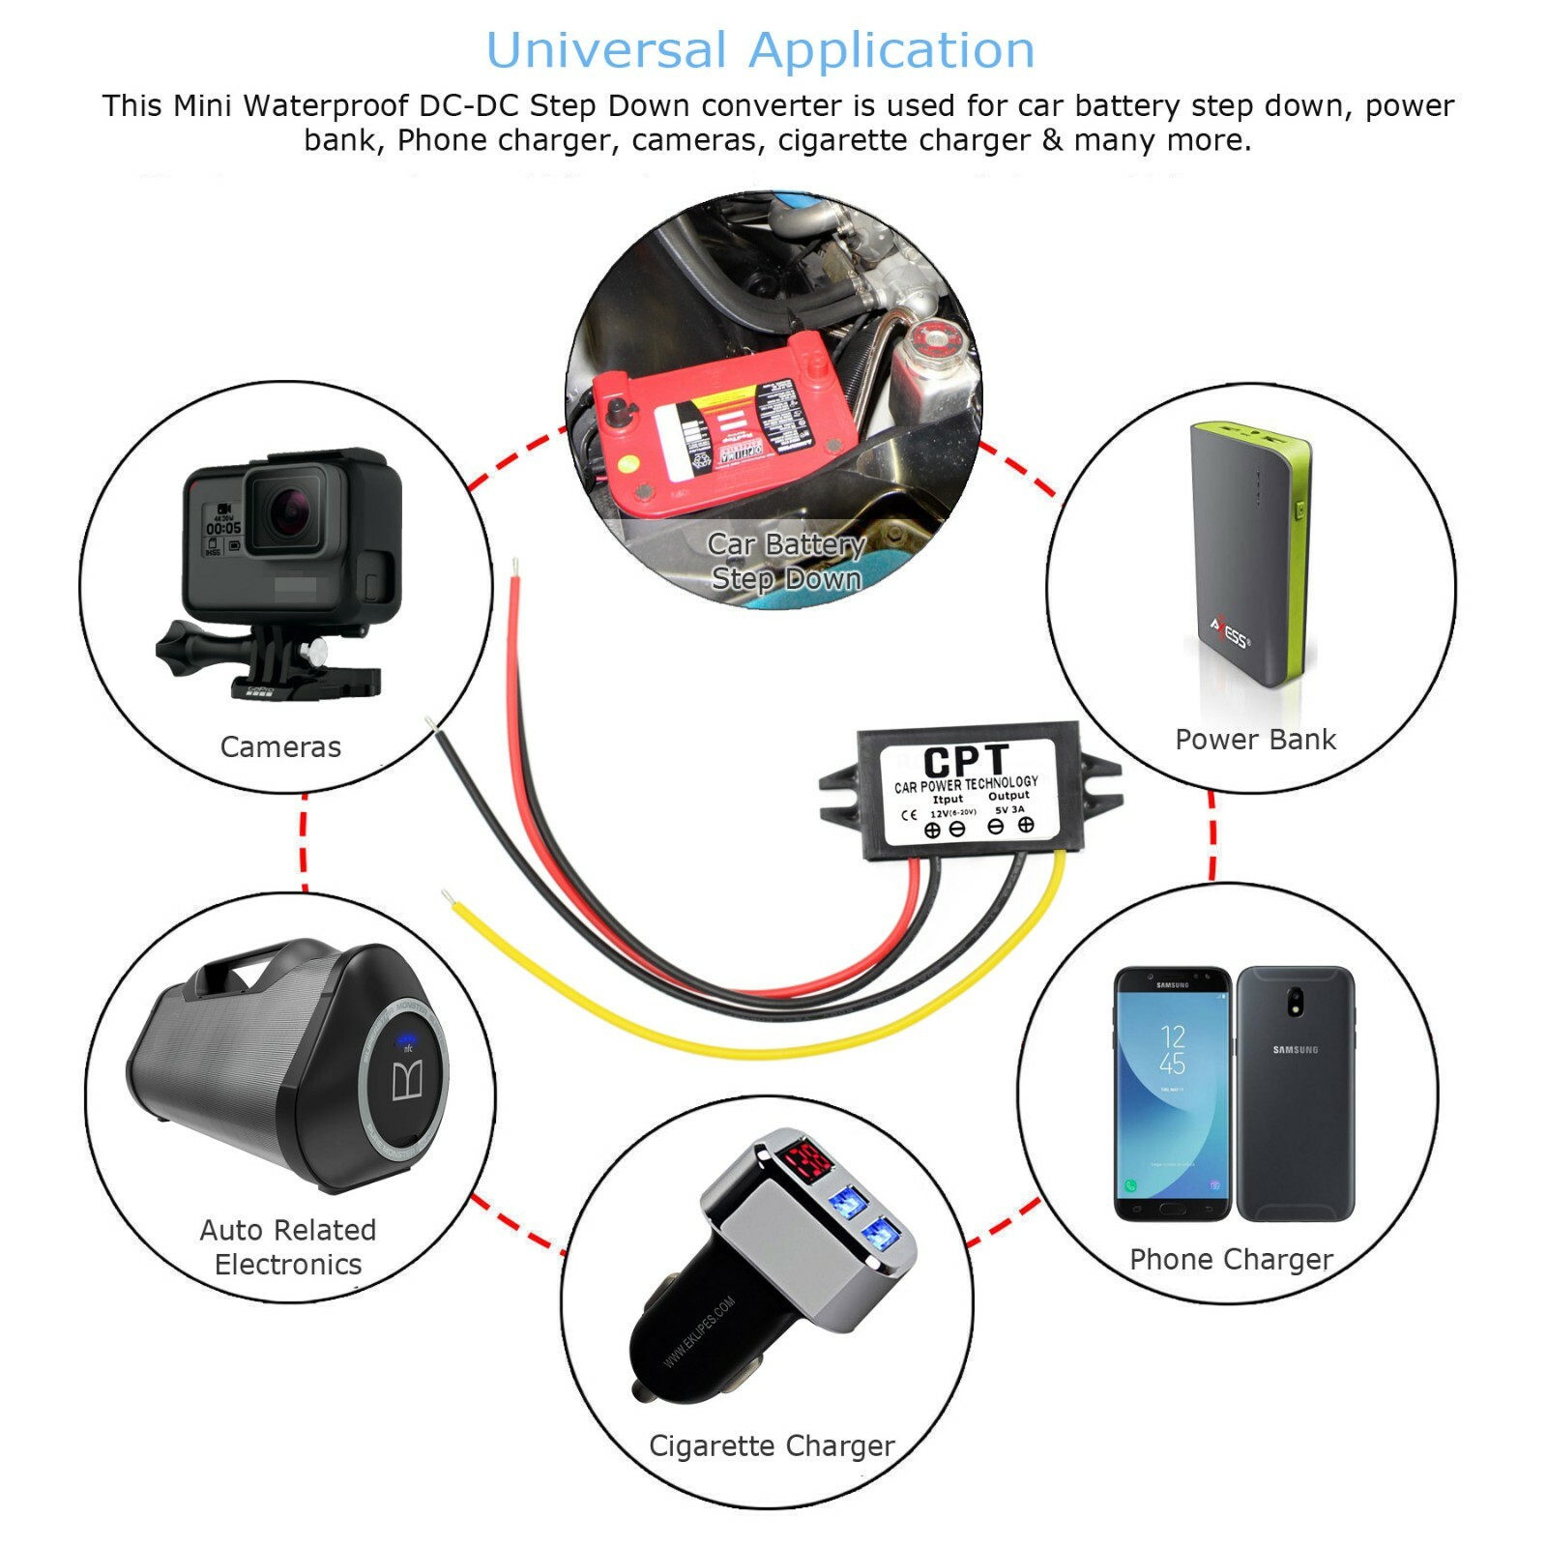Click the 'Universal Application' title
tap(760, 50)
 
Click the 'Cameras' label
tap(280, 746)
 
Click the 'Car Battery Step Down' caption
tap(785, 562)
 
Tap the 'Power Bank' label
tap(1255, 740)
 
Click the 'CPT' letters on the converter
tap(965, 761)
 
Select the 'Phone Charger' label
tap(1231, 1259)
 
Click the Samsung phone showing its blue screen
tap(1172, 1093)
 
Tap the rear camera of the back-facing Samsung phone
tap(1296, 1002)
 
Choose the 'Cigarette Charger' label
tap(772, 1445)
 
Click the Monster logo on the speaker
tap(407, 1081)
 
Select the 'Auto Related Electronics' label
tap(288, 1247)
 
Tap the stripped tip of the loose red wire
tap(515, 566)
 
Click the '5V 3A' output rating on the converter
tap(1009, 809)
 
